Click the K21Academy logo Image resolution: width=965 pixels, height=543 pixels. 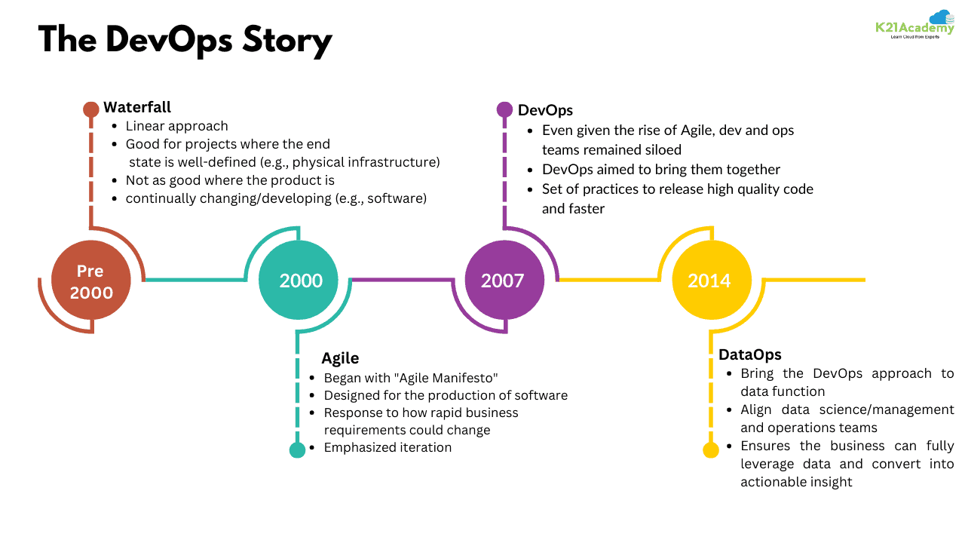pyautogui.click(x=914, y=26)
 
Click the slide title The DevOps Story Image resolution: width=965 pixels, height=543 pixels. pyautogui.click(x=185, y=40)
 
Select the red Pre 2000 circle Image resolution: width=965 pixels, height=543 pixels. pyautogui.click(x=91, y=281)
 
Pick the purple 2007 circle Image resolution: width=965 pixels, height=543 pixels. pyautogui.click(x=503, y=281)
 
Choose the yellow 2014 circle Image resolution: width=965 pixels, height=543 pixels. pyautogui.click(x=709, y=281)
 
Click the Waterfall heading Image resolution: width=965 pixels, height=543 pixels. pyautogui.click(x=137, y=107)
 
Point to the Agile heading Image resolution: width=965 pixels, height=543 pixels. pyautogui.click(x=340, y=357)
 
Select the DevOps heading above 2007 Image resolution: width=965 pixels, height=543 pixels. pyautogui.click(x=545, y=110)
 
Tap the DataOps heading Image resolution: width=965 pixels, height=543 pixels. pyautogui.click(x=749, y=354)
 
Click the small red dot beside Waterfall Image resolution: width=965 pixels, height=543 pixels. pyautogui.click(x=91, y=109)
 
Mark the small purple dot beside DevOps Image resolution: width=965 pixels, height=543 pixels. pyautogui.click(x=504, y=109)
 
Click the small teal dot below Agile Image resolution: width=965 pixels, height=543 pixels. pyautogui.click(x=297, y=450)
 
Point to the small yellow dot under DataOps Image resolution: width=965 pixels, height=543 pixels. pyautogui.click(x=711, y=450)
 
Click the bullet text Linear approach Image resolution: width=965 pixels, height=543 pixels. pyautogui.click(x=176, y=126)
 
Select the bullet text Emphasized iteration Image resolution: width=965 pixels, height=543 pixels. pyautogui.click(x=388, y=447)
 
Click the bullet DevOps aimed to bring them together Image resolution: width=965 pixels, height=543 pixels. pyautogui.click(x=661, y=169)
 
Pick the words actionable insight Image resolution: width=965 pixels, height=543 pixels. pyautogui.click(x=796, y=482)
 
